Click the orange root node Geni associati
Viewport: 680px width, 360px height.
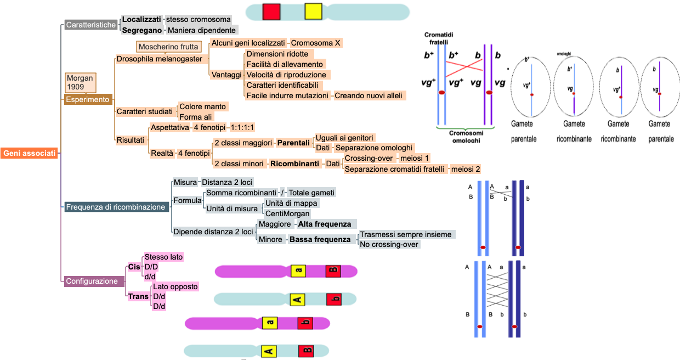[x=30, y=154]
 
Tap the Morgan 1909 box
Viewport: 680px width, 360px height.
[x=80, y=83]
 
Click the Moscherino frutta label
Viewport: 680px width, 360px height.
[x=168, y=47]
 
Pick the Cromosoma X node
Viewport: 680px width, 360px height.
[x=316, y=43]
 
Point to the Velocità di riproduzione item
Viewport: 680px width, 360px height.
[x=286, y=75]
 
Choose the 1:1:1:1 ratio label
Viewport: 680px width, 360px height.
[x=242, y=127]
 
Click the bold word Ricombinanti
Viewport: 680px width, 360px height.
[x=294, y=164]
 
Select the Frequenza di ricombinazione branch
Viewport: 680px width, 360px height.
[x=115, y=207]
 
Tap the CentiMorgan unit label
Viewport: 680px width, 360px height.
[x=287, y=213]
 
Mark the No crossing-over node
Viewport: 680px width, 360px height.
[x=389, y=244]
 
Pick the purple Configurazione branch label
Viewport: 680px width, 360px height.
[x=92, y=281]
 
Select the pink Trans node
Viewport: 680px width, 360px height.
[x=138, y=296]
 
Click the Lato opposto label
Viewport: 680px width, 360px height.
[x=175, y=286]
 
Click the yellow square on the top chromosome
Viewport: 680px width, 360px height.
[x=313, y=12]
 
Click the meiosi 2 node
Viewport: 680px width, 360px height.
[x=466, y=169]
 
